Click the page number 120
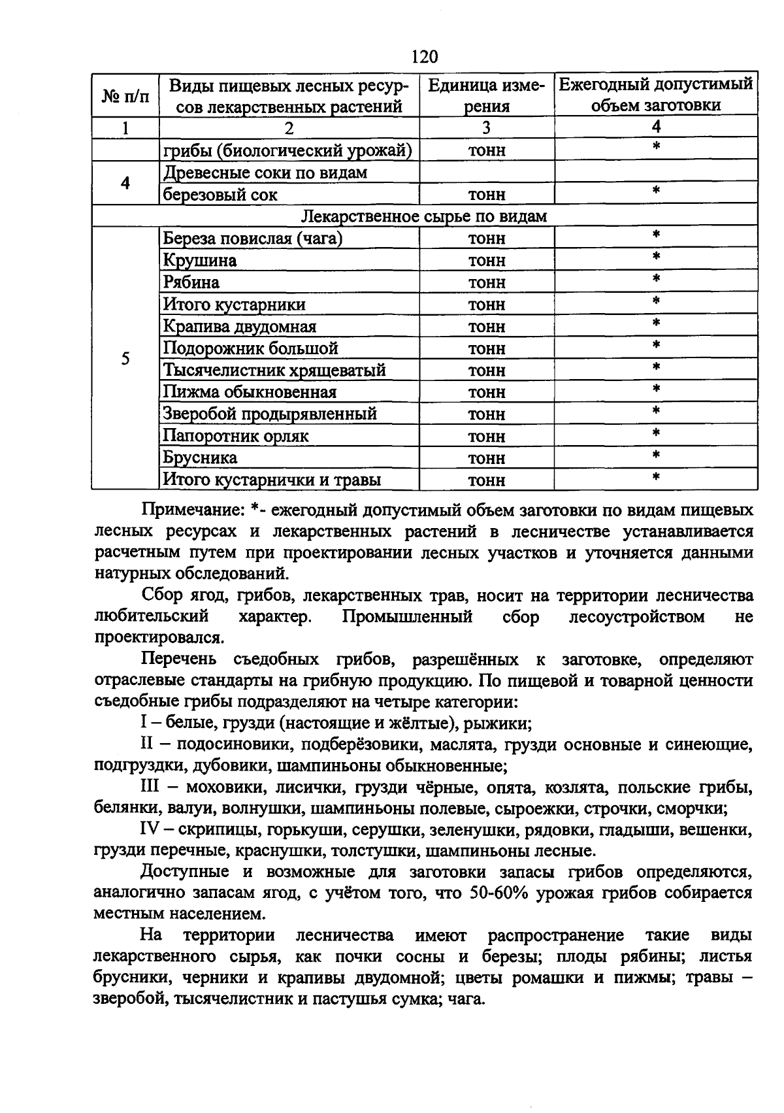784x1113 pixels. [425, 57]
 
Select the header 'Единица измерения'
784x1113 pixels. [487, 95]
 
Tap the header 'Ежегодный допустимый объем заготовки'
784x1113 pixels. [656, 95]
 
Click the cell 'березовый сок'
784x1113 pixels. [220, 195]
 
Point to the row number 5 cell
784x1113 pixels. [125, 359]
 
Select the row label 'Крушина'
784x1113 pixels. [200, 261]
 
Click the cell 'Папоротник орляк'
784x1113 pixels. [235, 436]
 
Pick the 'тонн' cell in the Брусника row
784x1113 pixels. [487, 458]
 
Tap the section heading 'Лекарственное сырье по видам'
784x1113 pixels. [425, 216]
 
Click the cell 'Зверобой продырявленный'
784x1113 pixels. [270, 414]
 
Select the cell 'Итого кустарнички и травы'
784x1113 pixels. [272, 480]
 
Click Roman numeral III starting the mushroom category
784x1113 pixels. [151, 788]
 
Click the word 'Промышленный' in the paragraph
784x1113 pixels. [407, 617]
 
